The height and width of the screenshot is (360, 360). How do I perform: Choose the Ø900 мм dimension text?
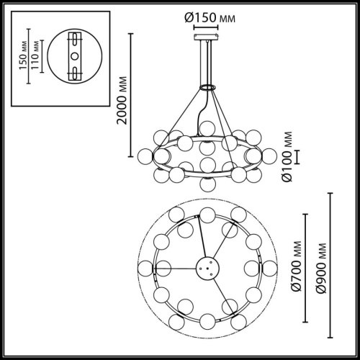click(312, 267)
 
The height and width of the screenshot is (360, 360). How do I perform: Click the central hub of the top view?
click(207, 268)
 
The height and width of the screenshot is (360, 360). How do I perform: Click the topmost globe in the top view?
click(207, 214)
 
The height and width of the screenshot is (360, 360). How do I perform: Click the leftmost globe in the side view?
click(145, 155)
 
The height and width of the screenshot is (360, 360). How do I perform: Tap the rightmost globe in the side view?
click(270, 155)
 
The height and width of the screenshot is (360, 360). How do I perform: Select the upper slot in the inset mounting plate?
click(73, 40)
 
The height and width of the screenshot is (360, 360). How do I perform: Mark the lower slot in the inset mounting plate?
click(73, 71)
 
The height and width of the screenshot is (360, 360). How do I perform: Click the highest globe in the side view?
click(207, 127)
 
